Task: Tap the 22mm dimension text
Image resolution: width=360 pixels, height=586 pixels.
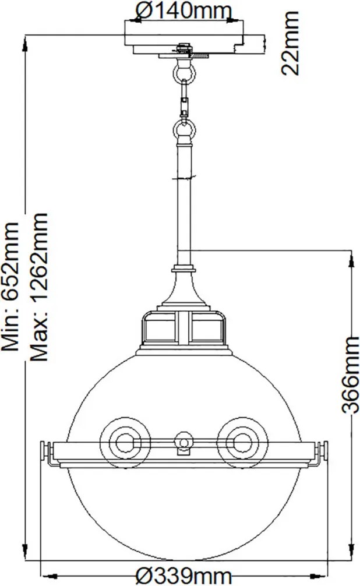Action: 290,43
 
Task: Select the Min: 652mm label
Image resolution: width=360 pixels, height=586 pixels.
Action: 10,286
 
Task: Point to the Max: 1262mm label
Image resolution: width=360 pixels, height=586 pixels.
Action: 39,287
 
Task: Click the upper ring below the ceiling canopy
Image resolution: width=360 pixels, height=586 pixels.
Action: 183,72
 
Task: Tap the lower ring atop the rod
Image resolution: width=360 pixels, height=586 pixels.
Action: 183,129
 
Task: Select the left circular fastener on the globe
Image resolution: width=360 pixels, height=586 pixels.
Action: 125,443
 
